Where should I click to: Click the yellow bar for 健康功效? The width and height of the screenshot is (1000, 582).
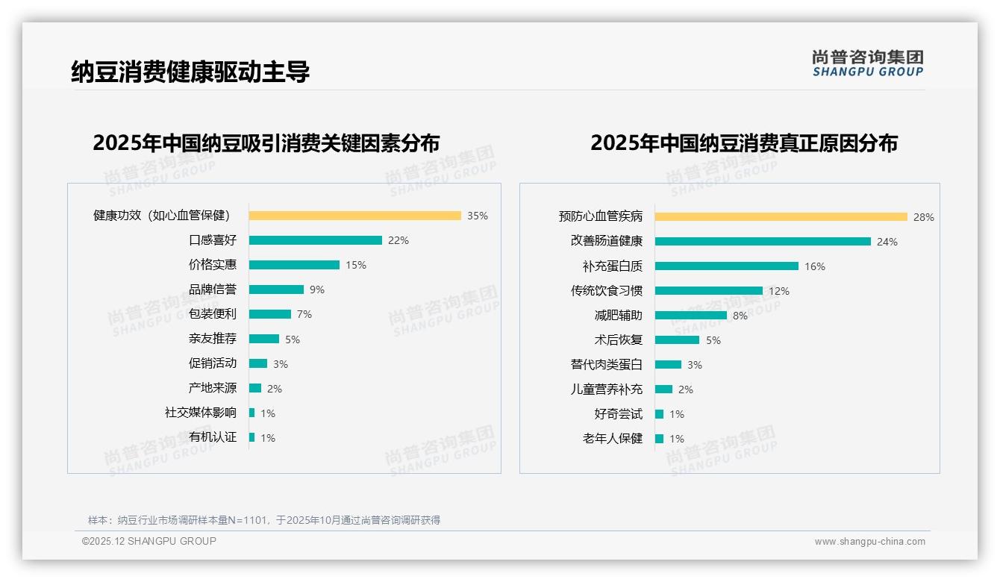(x=354, y=216)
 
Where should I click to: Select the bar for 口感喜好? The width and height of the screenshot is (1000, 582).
(x=315, y=240)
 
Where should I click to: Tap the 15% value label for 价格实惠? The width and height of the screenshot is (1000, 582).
(x=356, y=265)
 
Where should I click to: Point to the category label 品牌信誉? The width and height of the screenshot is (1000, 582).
(x=212, y=290)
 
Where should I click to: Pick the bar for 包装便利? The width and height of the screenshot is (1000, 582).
(x=269, y=314)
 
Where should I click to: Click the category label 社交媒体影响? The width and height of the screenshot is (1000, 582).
(x=200, y=413)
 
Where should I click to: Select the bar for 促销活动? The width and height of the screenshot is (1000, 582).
(x=257, y=363)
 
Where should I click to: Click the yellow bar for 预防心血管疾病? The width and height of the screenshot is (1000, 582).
(x=781, y=216)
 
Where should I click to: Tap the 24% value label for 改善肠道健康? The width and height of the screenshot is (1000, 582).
(x=887, y=242)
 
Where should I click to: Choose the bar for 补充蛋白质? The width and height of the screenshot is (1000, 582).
(x=726, y=266)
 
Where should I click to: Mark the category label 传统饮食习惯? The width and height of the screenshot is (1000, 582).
(x=606, y=291)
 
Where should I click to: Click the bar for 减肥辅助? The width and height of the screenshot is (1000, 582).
(x=690, y=315)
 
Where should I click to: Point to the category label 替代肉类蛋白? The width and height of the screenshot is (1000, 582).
(x=606, y=365)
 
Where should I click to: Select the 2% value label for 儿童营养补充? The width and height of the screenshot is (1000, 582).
(x=686, y=389)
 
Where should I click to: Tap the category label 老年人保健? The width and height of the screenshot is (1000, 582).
(x=612, y=439)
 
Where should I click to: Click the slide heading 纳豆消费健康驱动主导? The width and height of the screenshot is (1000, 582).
(x=190, y=72)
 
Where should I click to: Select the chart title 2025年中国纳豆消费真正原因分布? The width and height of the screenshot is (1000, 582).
(x=743, y=143)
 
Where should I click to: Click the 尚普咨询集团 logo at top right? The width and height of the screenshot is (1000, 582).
(x=867, y=63)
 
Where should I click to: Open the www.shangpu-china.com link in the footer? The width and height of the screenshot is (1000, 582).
(x=869, y=542)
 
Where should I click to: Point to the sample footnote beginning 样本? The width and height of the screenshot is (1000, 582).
(x=264, y=520)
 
